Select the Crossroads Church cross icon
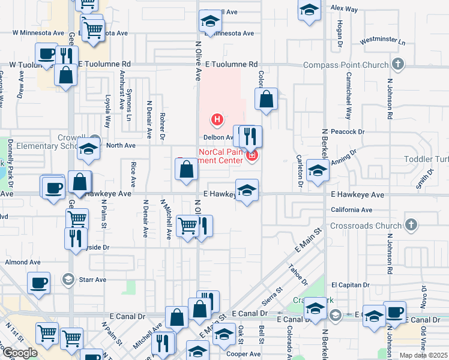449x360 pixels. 411,225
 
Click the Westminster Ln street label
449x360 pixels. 382,43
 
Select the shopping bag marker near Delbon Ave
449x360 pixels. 266,100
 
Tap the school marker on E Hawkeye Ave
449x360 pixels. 246,191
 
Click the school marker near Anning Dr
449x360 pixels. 318,170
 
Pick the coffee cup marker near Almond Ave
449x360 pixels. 39,283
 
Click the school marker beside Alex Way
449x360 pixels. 309,10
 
